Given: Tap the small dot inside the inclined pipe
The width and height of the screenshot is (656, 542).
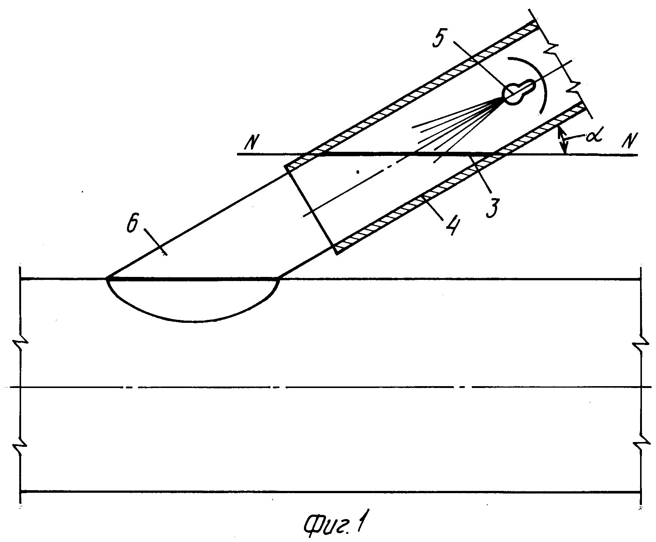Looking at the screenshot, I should pos(358,171).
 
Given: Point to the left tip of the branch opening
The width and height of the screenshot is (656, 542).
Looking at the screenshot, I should pos(107,278).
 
